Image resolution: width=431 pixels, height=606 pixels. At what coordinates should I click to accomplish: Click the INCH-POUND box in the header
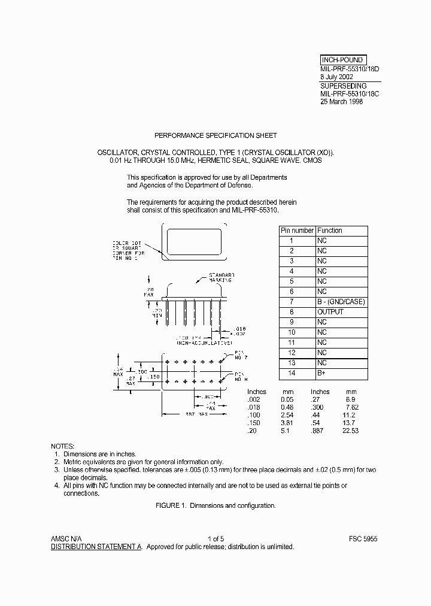click(x=342, y=60)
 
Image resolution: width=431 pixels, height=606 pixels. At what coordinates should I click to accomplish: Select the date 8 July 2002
click(x=336, y=77)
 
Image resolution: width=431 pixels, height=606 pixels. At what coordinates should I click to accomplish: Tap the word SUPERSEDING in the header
click(x=343, y=86)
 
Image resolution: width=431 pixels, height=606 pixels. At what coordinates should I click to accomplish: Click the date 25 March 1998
click(x=341, y=102)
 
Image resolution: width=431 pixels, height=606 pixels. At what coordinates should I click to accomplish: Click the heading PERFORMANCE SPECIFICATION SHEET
click(x=215, y=136)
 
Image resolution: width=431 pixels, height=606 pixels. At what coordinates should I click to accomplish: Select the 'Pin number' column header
click(x=297, y=231)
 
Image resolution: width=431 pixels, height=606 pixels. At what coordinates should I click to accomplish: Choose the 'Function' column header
click(x=330, y=231)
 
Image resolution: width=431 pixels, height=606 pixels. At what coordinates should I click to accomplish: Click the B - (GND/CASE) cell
click(x=341, y=302)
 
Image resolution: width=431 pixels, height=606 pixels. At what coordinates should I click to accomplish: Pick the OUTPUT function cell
click(x=330, y=312)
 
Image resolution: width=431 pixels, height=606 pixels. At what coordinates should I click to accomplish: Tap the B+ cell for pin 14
click(x=321, y=373)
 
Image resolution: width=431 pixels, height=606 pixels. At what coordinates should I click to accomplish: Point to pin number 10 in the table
click(x=292, y=332)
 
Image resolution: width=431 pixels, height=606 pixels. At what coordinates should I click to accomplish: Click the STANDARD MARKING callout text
click(x=221, y=277)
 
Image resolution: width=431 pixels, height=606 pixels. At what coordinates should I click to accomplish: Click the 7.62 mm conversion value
click(x=351, y=407)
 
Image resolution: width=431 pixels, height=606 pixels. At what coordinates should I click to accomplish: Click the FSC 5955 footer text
click(x=363, y=538)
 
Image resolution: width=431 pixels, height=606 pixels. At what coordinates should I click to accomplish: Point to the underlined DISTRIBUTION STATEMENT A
click(x=96, y=547)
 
